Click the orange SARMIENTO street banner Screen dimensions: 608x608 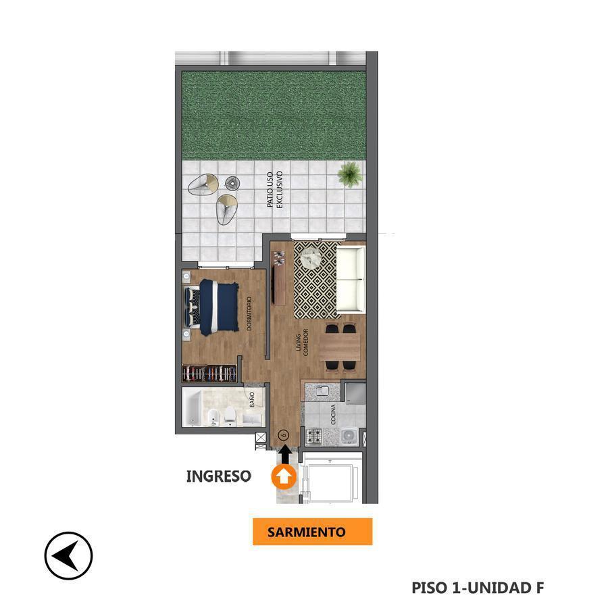point(313,532)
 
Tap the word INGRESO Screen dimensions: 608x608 point(219,476)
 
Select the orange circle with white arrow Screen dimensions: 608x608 point(284,477)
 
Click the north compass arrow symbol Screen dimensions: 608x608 point(69,556)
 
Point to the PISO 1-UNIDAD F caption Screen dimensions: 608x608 point(478,588)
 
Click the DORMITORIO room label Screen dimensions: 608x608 point(249,313)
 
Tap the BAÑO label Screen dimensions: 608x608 point(252,400)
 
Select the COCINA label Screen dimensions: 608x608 point(333,414)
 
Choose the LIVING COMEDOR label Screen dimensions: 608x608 point(302,343)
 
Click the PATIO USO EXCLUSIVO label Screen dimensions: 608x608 point(275,190)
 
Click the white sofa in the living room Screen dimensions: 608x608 point(351,280)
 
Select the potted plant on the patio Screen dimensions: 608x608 point(350,174)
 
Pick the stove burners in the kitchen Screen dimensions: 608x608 point(313,436)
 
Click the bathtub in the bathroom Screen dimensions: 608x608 point(192,407)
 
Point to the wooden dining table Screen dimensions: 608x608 point(340,347)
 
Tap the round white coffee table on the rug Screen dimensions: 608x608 point(311,258)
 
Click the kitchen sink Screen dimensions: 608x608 point(323,391)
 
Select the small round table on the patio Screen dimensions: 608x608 point(232,183)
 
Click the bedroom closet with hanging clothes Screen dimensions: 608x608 point(209,374)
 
